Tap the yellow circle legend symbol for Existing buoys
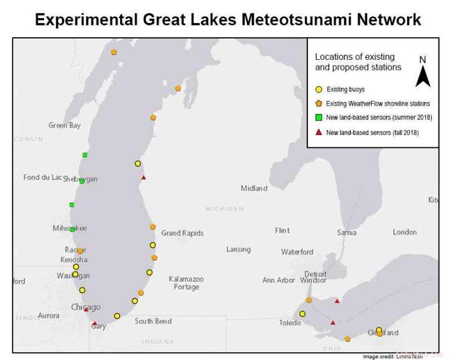coord(319,89)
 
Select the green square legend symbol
coord(319,117)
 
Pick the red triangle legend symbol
coord(319,132)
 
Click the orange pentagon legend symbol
coord(319,103)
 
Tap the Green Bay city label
coord(64,125)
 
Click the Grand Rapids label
coord(182,233)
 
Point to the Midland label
coord(254,188)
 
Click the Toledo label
coord(290,323)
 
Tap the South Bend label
coord(153,321)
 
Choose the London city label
coord(405,232)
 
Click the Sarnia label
coord(346,232)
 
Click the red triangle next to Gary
coord(95,323)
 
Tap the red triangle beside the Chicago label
coord(86,309)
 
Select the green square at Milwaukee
coord(72,229)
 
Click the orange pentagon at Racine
coord(80,251)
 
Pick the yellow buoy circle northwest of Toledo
coord(302,314)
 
